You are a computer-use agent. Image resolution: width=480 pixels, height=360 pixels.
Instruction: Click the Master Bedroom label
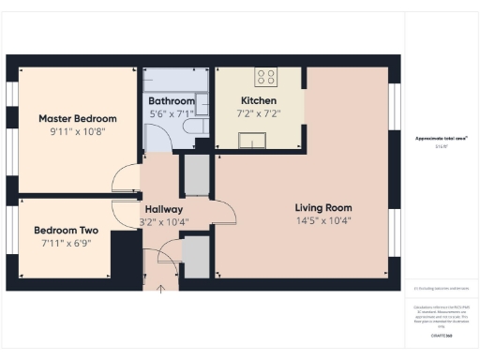point(77,119)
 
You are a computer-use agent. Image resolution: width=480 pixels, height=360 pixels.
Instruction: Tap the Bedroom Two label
point(66,230)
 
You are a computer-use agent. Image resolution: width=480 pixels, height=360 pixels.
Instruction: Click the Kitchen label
point(259,101)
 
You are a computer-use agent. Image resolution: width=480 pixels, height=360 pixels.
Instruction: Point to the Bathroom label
point(172,101)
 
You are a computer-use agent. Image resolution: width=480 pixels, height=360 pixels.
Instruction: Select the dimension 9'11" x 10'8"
point(77,133)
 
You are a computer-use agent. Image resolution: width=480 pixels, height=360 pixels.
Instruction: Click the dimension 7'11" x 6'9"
point(66,244)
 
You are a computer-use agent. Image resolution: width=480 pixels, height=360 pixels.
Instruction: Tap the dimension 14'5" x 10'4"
point(322,222)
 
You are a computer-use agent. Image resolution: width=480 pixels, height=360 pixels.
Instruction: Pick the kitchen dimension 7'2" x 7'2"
point(259,114)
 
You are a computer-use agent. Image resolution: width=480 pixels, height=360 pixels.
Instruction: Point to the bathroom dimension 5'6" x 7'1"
point(172,114)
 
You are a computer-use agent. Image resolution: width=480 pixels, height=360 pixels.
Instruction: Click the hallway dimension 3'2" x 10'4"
point(163,223)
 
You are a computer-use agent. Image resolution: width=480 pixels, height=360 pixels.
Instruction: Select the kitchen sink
point(253,142)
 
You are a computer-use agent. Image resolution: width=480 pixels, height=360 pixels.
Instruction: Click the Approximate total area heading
point(442,138)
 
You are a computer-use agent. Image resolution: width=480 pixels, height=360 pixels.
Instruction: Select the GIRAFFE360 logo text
point(442,335)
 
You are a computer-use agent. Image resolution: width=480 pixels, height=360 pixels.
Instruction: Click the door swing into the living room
point(224,213)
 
